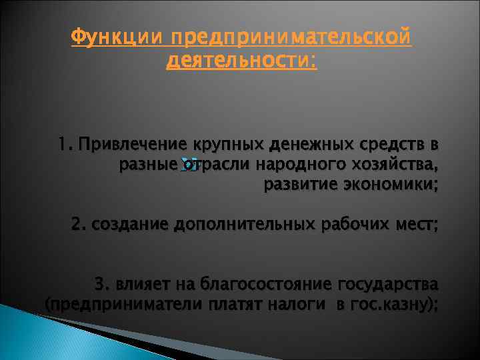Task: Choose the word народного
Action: click(x=297, y=164)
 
